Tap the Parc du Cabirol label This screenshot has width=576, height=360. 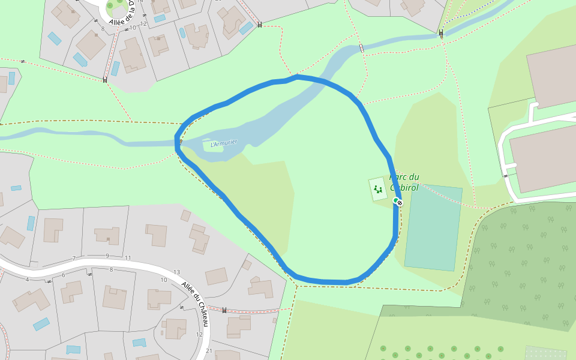[x=405, y=182]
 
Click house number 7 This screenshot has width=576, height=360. [x=74, y=259]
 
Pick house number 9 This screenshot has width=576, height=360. [x=107, y=256]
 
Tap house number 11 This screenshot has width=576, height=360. [x=128, y=258]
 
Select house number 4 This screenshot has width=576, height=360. [x=27, y=280]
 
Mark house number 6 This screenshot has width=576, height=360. [x=63, y=275]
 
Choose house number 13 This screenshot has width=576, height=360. [x=176, y=272]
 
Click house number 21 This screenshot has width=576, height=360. [x=209, y=351]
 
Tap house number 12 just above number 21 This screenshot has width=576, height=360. [x=199, y=334]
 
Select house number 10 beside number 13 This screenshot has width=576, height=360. [x=164, y=280]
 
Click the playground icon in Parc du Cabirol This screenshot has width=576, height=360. [x=377, y=190]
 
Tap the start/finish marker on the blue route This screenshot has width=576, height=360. [x=398, y=202]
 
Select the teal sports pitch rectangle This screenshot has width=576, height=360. [x=433, y=228]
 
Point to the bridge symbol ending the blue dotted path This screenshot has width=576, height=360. [x=441, y=34]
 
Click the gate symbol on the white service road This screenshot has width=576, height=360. [x=506, y=176]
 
